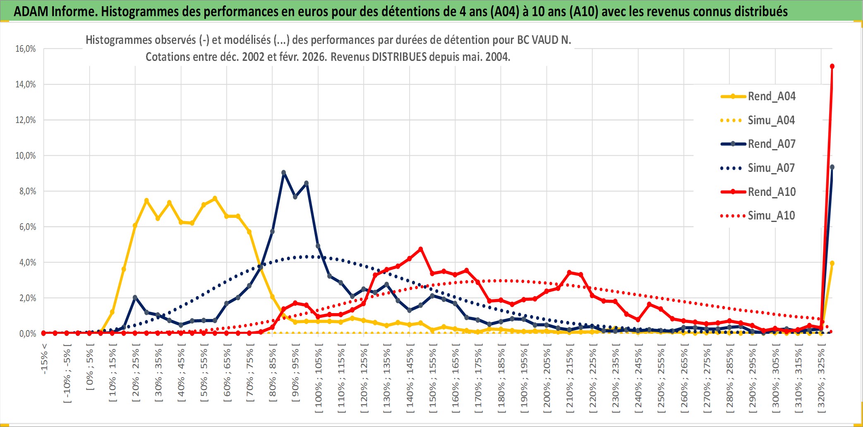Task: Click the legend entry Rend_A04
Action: pos(771,96)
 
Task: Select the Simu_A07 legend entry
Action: pos(771,168)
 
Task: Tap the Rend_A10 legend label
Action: pos(772,192)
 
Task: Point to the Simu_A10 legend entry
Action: pos(771,216)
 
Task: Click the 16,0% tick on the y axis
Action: pos(26,49)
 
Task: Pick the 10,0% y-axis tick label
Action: pos(26,156)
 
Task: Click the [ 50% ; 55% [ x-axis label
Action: pos(204,375)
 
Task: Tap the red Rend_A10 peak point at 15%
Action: pos(832,66)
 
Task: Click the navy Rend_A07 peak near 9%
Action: pos(283,173)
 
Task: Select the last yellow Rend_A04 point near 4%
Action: pos(832,263)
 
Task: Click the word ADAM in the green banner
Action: pos(31,11)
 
